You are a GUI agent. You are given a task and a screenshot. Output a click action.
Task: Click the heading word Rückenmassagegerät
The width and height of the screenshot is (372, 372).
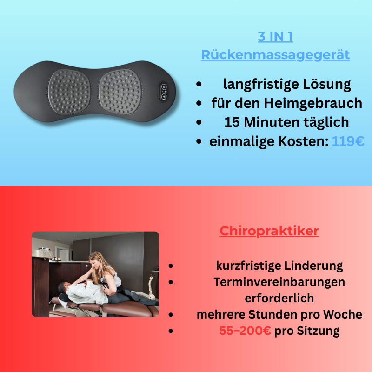click(x=275, y=55)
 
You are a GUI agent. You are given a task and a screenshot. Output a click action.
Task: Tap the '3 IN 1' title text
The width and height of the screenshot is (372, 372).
click(x=275, y=36)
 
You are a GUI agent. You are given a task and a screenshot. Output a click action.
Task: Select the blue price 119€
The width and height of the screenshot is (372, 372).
click(x=348, y=142)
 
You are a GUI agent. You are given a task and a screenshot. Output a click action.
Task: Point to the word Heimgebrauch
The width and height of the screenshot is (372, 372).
click(x=317, y=103)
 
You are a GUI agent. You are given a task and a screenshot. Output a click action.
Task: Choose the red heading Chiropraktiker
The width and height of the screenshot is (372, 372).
click(x=269, y=231)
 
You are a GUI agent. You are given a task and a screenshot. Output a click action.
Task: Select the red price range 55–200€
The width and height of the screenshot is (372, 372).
click(x=245, y=331)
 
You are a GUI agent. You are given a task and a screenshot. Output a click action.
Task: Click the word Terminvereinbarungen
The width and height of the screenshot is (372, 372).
click(x=279, y=282)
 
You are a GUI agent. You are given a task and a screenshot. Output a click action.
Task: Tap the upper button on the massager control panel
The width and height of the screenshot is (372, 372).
click(x=164, y=87)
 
